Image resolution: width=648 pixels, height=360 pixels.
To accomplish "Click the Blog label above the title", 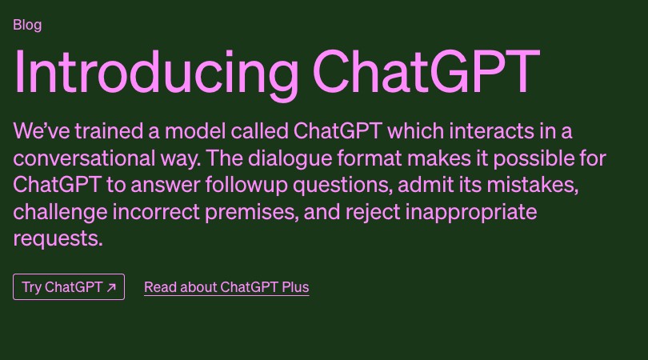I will (x=27, y=25).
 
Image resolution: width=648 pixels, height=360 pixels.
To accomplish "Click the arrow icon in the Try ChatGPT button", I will (x=111, y=287).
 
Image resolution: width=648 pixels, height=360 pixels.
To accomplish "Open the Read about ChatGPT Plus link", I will (x=226, y=287).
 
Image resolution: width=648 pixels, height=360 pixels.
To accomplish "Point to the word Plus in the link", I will (x=295, y=287).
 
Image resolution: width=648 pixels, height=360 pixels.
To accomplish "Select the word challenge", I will (x=58, y=212).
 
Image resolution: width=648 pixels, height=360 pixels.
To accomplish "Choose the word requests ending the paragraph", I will (x=58, y=239).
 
